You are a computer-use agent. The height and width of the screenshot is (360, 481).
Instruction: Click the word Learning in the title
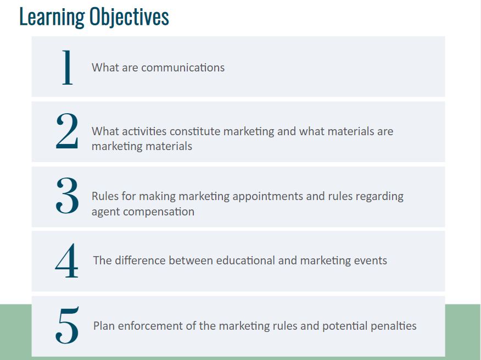[52, 17]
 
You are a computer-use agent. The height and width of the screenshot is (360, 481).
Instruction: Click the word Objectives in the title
[129, 17]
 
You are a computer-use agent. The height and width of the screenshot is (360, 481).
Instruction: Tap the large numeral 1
[68, 67]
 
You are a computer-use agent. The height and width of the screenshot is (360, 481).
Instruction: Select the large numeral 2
[67, 131]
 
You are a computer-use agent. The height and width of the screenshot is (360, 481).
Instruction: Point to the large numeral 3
[67, 195]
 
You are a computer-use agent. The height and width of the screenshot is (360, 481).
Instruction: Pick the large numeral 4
[66, 260]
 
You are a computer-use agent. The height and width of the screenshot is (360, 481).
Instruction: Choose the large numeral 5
[67, 325]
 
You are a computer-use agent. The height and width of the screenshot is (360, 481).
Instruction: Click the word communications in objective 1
[183, 68]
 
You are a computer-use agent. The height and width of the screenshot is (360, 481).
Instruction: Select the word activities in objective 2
[144, 131]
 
